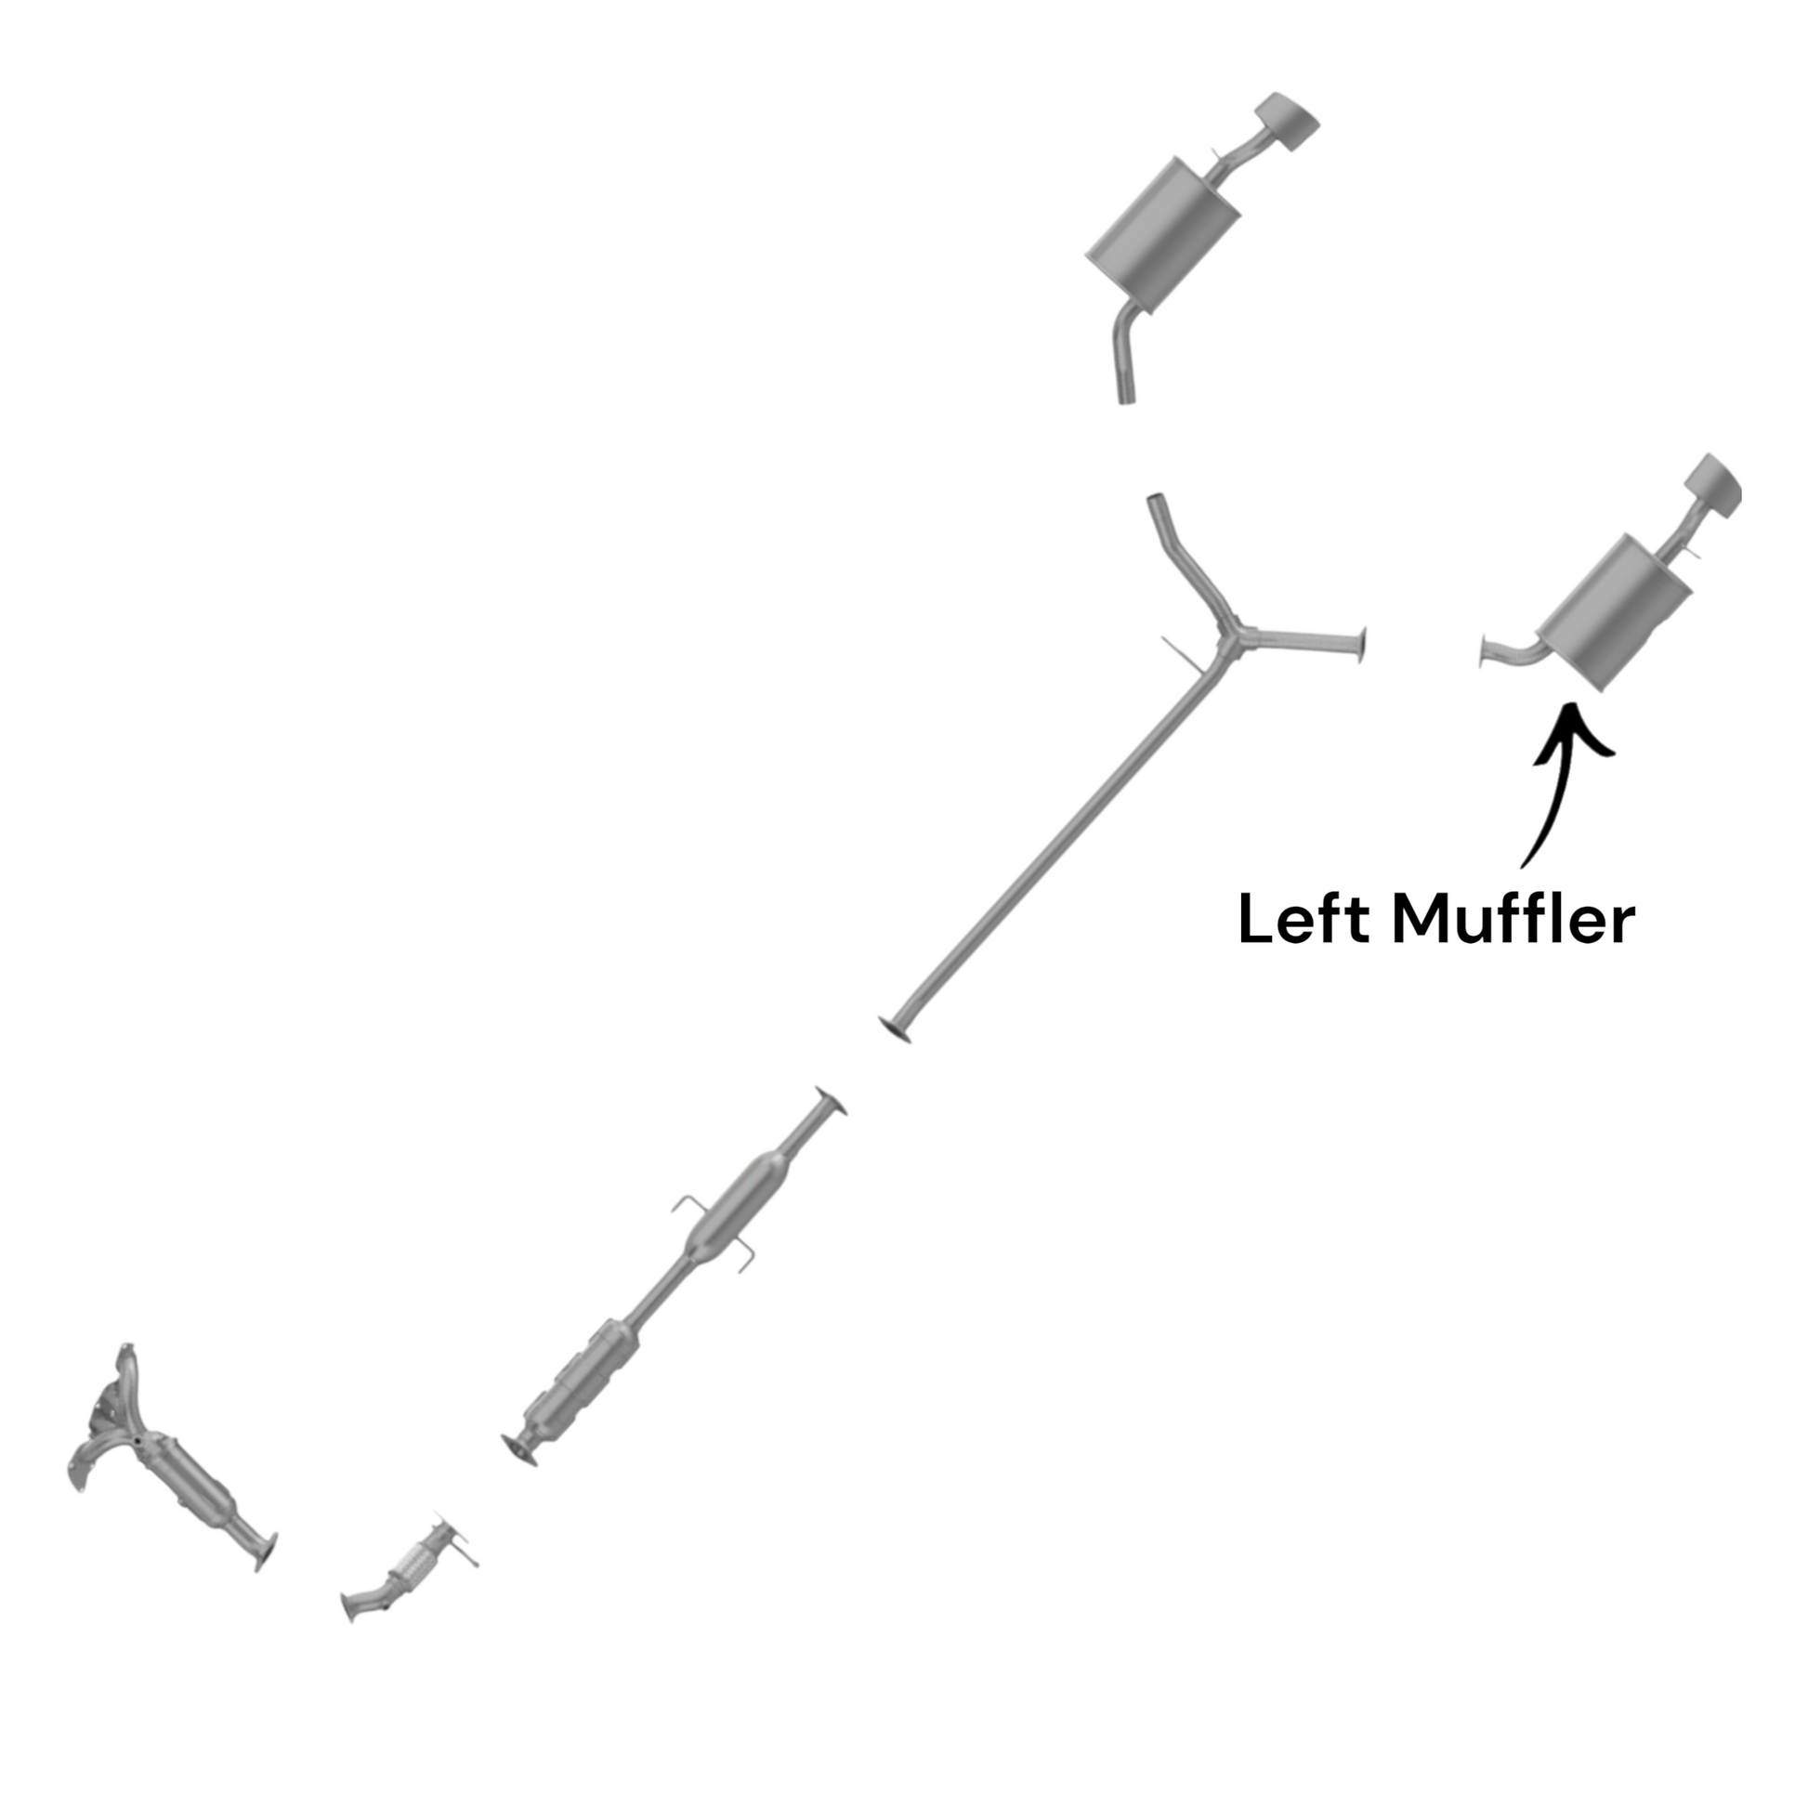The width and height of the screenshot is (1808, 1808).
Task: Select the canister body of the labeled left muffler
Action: [x=1616, y=611]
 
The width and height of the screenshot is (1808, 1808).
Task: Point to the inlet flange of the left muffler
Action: [x=1483, y=651]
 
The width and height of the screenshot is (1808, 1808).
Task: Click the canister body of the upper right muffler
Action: [x=1163, y=235]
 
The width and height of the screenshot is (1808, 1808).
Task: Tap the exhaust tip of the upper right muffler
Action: [x=1288, y=122]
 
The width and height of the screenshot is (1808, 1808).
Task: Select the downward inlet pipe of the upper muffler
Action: [x=1127, y=355]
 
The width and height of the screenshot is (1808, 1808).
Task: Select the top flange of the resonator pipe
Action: [x=831, y=1102]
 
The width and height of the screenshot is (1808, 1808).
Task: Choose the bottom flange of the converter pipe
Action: [x=520, y=1451]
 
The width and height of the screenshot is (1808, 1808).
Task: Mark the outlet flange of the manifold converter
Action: [x=266, y=1551]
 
